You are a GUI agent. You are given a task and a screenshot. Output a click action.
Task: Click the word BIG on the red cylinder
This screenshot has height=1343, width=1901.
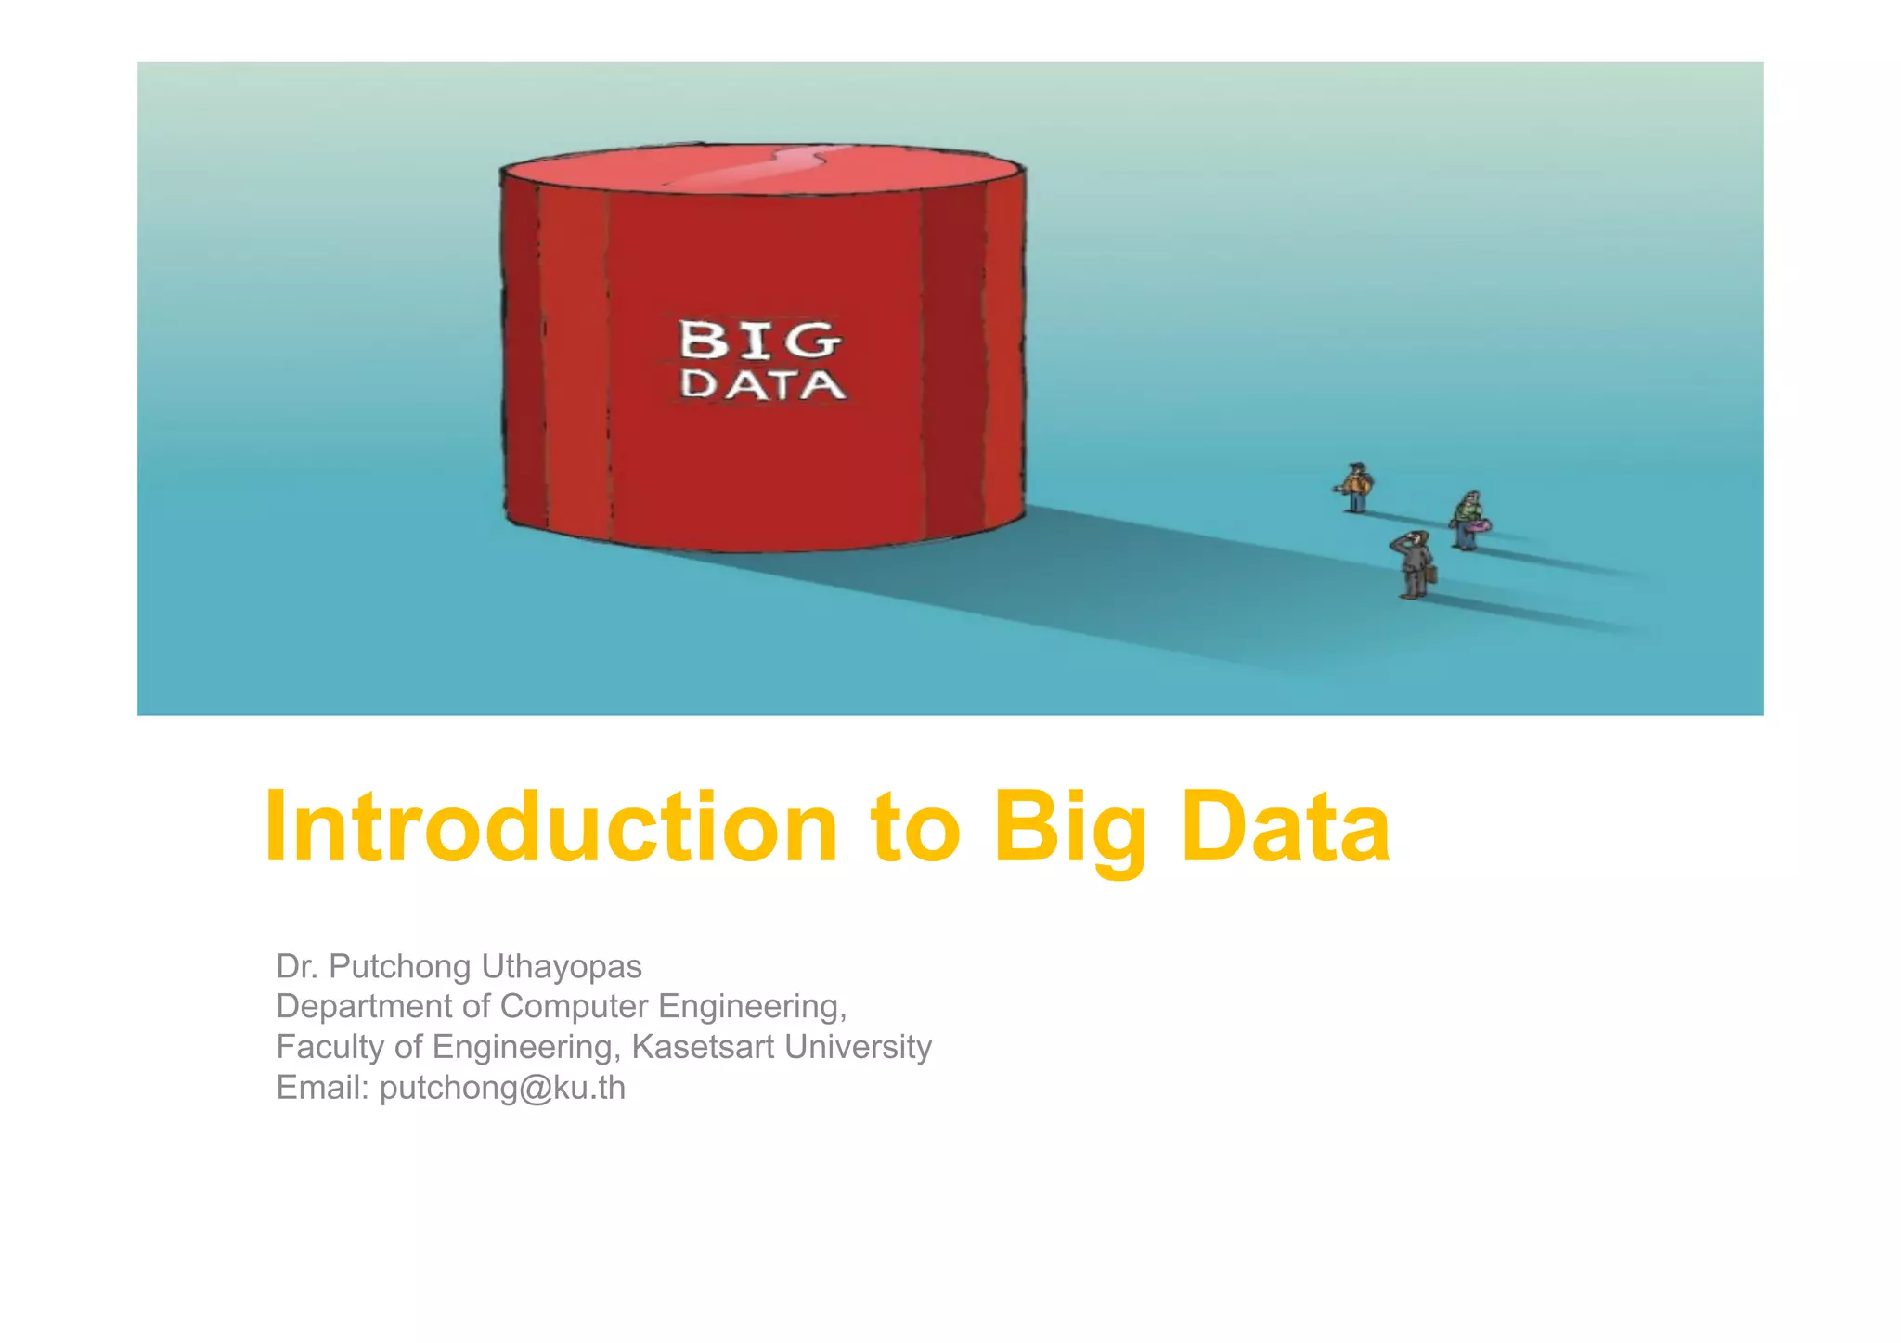tap(760, 340)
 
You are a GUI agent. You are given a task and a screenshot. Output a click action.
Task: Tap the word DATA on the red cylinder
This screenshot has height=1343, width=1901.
tap(762, 384)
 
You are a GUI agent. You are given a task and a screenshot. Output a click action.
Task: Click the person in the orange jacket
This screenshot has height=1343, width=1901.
tap(1356, 487)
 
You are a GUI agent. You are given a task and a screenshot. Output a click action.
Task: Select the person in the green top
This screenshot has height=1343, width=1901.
tap(1467, 520)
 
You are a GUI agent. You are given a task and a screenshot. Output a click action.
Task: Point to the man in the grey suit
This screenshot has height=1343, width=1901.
tap(1413, 564)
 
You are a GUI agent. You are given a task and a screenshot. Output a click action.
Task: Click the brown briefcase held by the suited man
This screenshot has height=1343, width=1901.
tap(1430, 574)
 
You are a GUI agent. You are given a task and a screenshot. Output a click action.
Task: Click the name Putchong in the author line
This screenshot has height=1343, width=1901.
tap(400, 967)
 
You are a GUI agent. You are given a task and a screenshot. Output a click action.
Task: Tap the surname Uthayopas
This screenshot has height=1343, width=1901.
tap(561, 967)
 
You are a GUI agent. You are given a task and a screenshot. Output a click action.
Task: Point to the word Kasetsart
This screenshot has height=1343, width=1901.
tap(703, 1047)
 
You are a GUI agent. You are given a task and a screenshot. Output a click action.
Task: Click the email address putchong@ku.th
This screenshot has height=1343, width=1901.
tap(502, 1088)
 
